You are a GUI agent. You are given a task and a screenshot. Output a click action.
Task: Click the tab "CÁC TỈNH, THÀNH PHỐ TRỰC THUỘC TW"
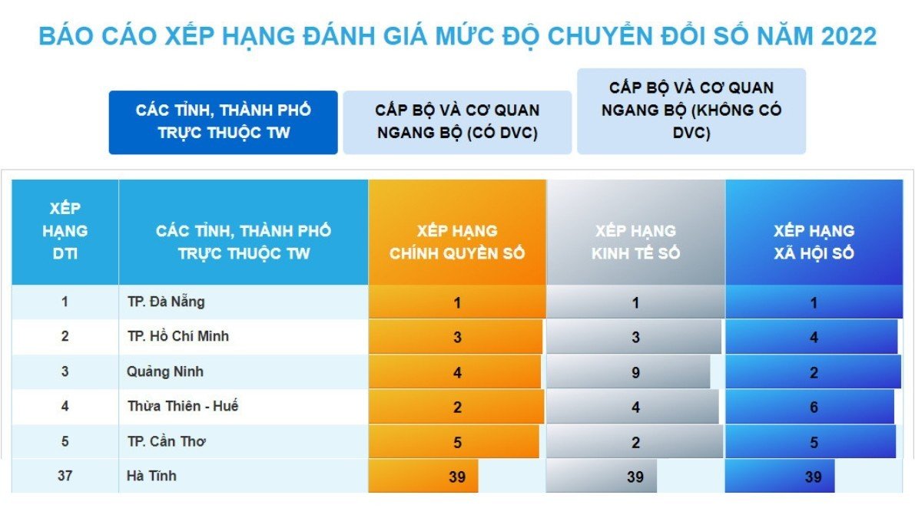click(x=223, y=122)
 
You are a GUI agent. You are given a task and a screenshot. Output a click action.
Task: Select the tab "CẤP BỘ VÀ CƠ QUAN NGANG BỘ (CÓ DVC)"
click(x=457, y=122)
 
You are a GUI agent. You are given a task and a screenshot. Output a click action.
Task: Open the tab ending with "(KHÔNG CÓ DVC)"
click(x=691, y=111)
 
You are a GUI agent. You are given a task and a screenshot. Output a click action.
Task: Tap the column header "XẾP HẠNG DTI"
click(x=65, y=231)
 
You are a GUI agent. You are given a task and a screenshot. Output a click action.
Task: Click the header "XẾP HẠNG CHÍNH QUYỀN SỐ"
click(x=457, y=242)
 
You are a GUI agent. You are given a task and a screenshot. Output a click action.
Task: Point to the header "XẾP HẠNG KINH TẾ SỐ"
click(x=635, y=242)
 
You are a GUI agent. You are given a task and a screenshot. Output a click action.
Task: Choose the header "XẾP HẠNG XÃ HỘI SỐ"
click(x=814, y=242)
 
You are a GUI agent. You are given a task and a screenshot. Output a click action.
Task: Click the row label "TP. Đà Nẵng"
click(x=166, y=302)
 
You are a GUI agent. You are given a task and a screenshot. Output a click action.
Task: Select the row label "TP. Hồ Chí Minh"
click(x=178, y=336)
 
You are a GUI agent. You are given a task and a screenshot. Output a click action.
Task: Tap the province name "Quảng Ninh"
click(x=165, y=371)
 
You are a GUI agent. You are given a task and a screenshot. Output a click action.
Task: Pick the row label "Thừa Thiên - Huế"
click(x=183, y=406)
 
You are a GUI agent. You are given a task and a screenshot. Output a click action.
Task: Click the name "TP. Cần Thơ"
click(x=166, y=441)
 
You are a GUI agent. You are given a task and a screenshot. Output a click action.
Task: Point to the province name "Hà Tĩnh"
click(x=151, y=476)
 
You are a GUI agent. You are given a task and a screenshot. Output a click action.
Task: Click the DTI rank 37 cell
click(x=65, y=476)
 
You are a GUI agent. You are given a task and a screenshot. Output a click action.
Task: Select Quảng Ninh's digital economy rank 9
click(x=635, y=372)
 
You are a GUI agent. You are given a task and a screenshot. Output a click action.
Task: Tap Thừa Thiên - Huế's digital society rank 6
click(x=814, y=407)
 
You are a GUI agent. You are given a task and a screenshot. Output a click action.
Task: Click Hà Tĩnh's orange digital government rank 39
click(x=457, y=477)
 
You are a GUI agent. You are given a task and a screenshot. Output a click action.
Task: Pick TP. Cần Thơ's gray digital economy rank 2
click(x=635, y=442)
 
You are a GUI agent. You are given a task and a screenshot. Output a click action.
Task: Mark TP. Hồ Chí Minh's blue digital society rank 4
click(x=814, y=338)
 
